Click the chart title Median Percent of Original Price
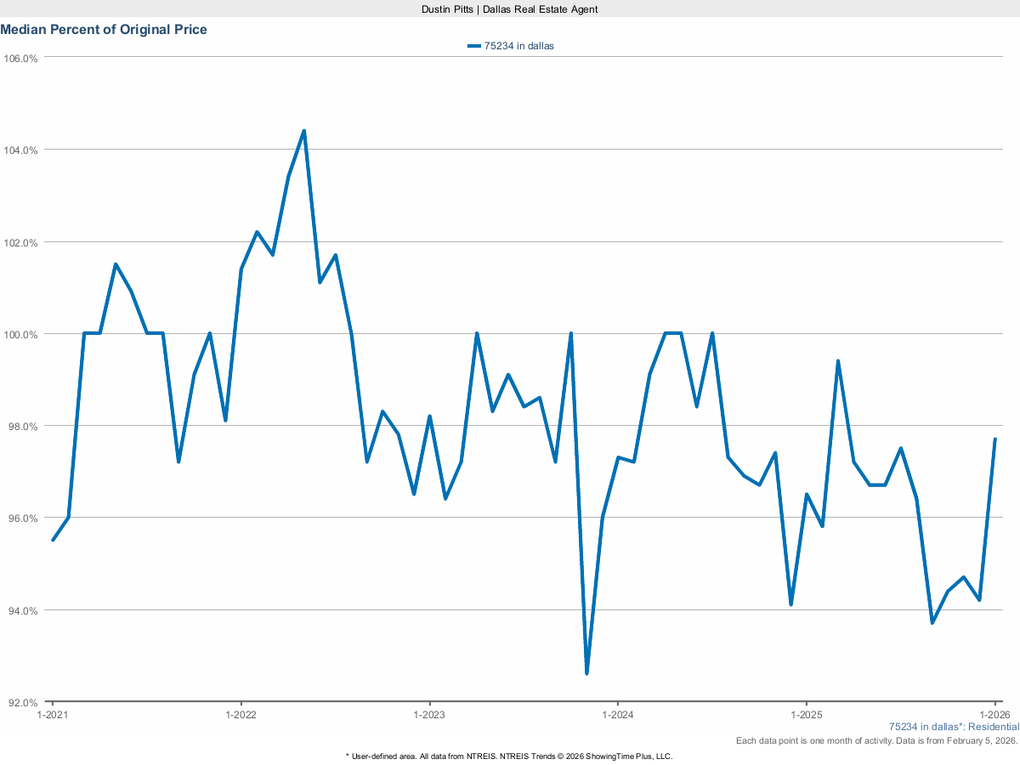104,30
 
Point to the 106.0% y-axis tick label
21,58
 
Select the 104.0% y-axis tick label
21,150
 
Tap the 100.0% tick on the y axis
21,334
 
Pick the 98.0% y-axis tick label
21,426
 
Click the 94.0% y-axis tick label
21,610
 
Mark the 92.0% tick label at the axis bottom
21,703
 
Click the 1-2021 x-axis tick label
53,715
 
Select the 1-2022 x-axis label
241,715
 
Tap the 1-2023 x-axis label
429,715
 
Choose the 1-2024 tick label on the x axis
617,715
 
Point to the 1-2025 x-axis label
806,715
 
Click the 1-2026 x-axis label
994,715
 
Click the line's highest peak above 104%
303,131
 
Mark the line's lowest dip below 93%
586,673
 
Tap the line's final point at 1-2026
994,439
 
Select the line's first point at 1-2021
53,540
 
